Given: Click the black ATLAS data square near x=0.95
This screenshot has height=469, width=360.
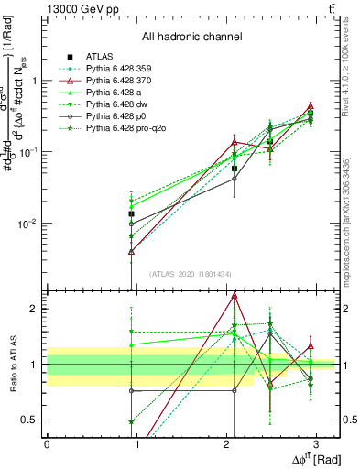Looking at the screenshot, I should tap(132, 214).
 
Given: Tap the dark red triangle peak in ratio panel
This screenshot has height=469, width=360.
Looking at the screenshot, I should tap(235, 295).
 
